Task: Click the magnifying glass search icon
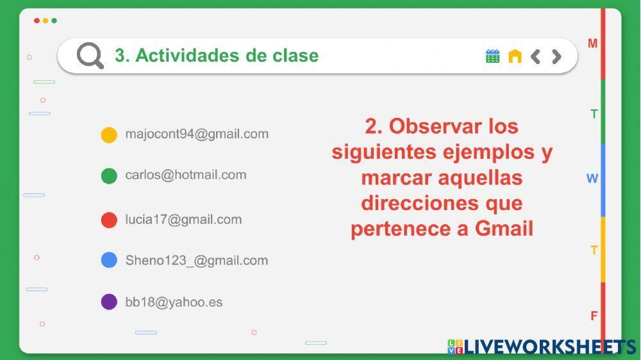pyautogui.click(x=90, y=56)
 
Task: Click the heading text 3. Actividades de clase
pyautogui.click(x=216, y=56)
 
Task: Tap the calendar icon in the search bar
pyautogui.click(x=492, y=56)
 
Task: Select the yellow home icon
pyautogui.click(x=515, y=56)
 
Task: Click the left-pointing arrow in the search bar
pyautogui.click(x=536, y=56)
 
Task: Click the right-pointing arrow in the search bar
pyautogui.click(x=556, y=56)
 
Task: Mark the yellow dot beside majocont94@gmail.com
pyautogui.click(x=109, y=135)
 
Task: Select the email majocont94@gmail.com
pyautogui.click(x=197, y=134)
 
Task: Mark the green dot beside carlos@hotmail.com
pyautogui.click(x=109, y=176)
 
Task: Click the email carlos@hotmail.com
pyautogui.click(x=185, y=175)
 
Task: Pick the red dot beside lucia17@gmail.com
pyautogui.click(x=109, y=220)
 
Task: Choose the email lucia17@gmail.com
pyautogui.click(x=183, y=220)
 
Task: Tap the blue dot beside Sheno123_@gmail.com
pyautogui.click(x=109, y=260)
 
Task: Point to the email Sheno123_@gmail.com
pyautogui.click(x=196, y=261)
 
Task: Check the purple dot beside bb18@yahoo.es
pyautogui.click(x=109, y=302)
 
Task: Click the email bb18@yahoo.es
pyautogui.click(x=174, y=302)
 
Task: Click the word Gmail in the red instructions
pyautogui.click(x=504, y=229)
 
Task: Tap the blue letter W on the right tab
pyautogui.click(x=592, y=179)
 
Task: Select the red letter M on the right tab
pyautogui.click(x=593, y=44)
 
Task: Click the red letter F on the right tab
pyautogui.click(x=594, y=316)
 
